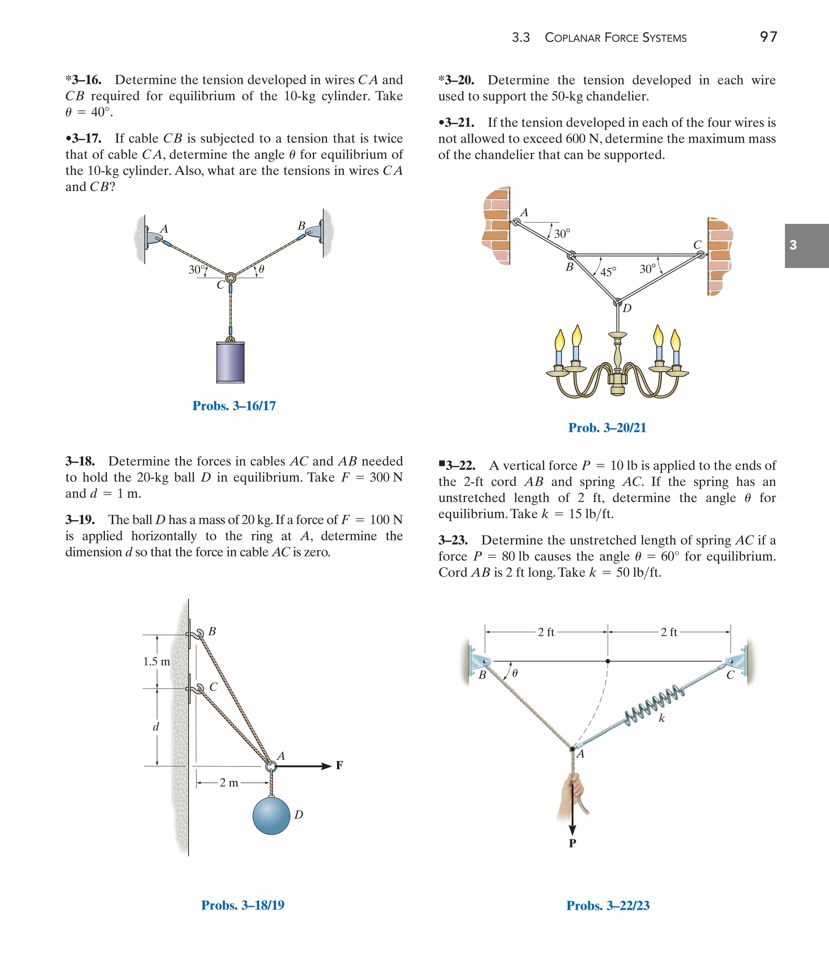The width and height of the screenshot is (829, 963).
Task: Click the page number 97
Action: pos(768,37)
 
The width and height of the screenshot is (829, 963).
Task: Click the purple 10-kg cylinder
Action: pos(230,362)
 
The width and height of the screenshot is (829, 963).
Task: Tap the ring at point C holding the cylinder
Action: pos(230,278)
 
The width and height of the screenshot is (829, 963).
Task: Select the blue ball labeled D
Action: pos(271,815)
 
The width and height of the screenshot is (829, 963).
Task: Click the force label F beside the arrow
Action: pos(340,765)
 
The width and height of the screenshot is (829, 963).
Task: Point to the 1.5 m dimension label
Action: pos(156,661)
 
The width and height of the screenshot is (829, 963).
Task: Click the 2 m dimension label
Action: pos(229,783)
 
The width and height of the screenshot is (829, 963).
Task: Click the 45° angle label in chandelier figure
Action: pos(608,272)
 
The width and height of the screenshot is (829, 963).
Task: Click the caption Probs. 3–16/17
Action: pos(234,406)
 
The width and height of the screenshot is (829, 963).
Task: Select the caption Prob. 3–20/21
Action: pos(607,427)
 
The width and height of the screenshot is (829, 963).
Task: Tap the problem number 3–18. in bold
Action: pos(80,461)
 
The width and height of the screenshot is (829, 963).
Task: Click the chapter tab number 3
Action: pos(793,245)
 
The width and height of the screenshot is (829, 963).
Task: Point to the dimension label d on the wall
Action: pos(156,727)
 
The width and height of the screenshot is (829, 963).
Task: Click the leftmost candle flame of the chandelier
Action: pos(560,340)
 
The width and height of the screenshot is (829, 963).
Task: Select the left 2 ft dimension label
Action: pos(546,632)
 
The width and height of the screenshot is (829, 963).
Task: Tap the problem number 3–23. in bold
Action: pos(453,540)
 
